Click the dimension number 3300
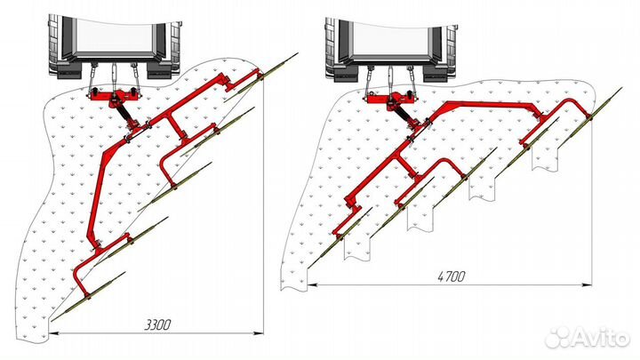[158, 325]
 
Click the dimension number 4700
[452, 276]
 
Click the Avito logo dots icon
[559, 337]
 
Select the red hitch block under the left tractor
[114, 98]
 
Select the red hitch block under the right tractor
[391, 100]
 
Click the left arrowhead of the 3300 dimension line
[53, 333]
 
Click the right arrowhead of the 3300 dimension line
[259, 333]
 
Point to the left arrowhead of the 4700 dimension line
[313, 284]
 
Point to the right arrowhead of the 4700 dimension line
[587, 284]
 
